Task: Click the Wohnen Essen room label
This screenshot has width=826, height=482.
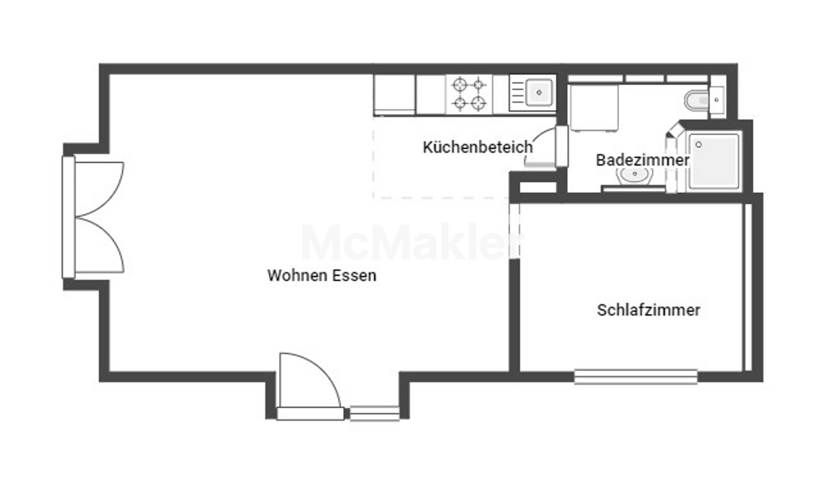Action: tap(322, 276)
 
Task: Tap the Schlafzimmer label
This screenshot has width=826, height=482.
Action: tap(648, 310)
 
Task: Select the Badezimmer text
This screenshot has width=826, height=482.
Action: tap(642, 160)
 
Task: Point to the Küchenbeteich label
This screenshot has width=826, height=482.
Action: tap(478, 147)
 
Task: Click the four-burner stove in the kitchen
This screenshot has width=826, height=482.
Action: tap(469, 94)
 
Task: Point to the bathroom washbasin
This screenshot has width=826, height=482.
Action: tap(635, 175)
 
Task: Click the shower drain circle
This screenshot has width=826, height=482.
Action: tap(699, 145)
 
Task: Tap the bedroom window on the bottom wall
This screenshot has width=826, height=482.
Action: tap(635, 377)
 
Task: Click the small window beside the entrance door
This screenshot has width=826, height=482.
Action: tap(374, 414)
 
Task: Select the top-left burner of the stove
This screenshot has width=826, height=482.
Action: tap(460, 84)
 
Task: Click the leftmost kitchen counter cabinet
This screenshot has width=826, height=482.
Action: tap(394, 95)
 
